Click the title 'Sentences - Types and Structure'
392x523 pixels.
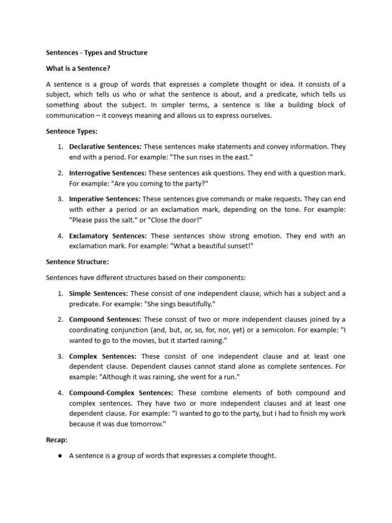(96, 53)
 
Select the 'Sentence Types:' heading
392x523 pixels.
(71, 131)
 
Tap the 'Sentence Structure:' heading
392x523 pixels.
(77, 261)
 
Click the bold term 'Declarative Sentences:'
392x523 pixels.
(105, 147)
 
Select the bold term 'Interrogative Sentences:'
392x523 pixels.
(108, 173)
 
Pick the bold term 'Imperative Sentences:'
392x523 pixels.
(105, 199)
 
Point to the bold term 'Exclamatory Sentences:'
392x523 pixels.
(108, 236)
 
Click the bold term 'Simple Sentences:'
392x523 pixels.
(99, 293)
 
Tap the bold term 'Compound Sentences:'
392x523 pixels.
(104, 319)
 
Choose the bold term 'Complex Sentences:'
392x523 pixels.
(103, 356)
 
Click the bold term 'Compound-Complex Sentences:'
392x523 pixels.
(121, 393)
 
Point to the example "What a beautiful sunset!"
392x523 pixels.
(212, 246)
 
